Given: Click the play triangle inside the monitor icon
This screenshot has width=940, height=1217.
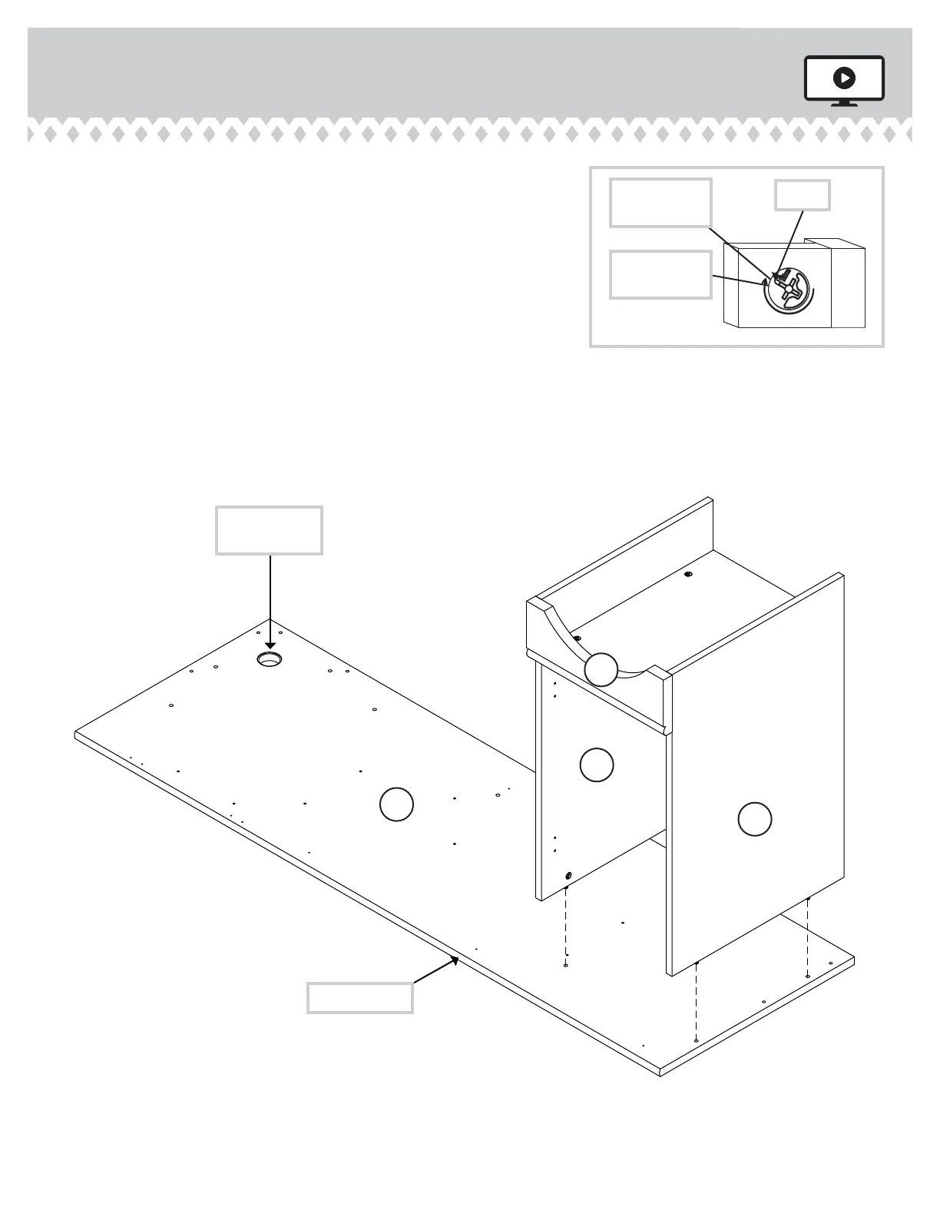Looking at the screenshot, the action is click(844, 78).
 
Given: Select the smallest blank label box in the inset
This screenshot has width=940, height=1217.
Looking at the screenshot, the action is click(802, 195).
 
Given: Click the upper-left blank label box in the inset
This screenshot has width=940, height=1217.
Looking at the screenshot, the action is click(660, 203).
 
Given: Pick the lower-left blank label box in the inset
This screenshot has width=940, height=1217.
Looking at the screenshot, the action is click(660, 274).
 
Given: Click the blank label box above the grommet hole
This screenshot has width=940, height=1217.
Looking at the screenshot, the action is click(269, 530).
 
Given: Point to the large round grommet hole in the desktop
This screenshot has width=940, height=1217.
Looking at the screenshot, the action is click(270, 659).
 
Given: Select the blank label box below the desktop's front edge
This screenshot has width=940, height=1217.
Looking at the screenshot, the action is click(359, 997).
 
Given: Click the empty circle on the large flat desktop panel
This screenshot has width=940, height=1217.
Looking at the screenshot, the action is click(396, 804).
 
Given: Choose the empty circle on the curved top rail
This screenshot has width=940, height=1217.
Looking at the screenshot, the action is click(601, 669).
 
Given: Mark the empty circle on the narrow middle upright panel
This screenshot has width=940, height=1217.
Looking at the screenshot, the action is click(596, 764).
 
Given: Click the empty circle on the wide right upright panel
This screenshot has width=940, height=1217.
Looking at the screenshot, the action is click(754, 819).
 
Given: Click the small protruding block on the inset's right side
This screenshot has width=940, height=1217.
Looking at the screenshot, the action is click(849, 284).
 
